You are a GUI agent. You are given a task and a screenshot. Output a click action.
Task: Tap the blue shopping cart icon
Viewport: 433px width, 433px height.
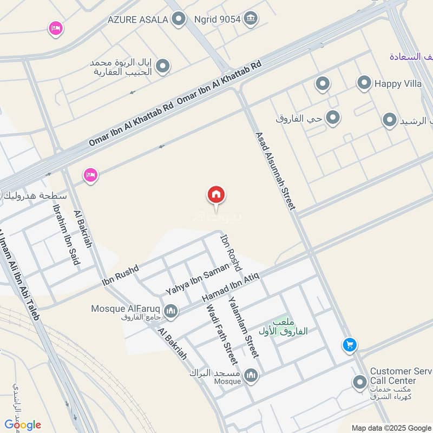pos(349,344)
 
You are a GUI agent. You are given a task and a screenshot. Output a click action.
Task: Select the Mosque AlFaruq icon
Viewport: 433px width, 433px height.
pos(170,311)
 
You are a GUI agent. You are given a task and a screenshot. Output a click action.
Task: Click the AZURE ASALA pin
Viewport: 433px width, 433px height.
pos(178,20)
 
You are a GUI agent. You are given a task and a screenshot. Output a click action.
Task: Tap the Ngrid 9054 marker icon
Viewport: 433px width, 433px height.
pos(250,19)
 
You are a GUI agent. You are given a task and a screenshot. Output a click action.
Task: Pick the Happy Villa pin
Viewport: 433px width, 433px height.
pos(364,83)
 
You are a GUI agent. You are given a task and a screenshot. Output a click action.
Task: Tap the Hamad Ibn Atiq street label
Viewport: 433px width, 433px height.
pos(231,288)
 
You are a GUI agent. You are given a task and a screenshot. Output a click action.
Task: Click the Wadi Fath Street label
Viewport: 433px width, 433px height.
pos(221,333)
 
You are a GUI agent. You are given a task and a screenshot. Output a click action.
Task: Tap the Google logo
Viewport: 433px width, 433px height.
pos(23,424)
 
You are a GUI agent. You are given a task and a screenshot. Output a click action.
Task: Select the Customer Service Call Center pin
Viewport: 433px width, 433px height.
pos(359,383)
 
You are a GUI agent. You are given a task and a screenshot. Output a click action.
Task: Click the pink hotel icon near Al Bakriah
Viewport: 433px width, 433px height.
pos(90,175)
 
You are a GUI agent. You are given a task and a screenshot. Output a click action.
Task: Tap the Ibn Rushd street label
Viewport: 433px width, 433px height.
pos(120,275)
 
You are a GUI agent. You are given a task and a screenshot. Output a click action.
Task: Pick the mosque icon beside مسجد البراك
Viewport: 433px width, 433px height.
pos(251,375)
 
